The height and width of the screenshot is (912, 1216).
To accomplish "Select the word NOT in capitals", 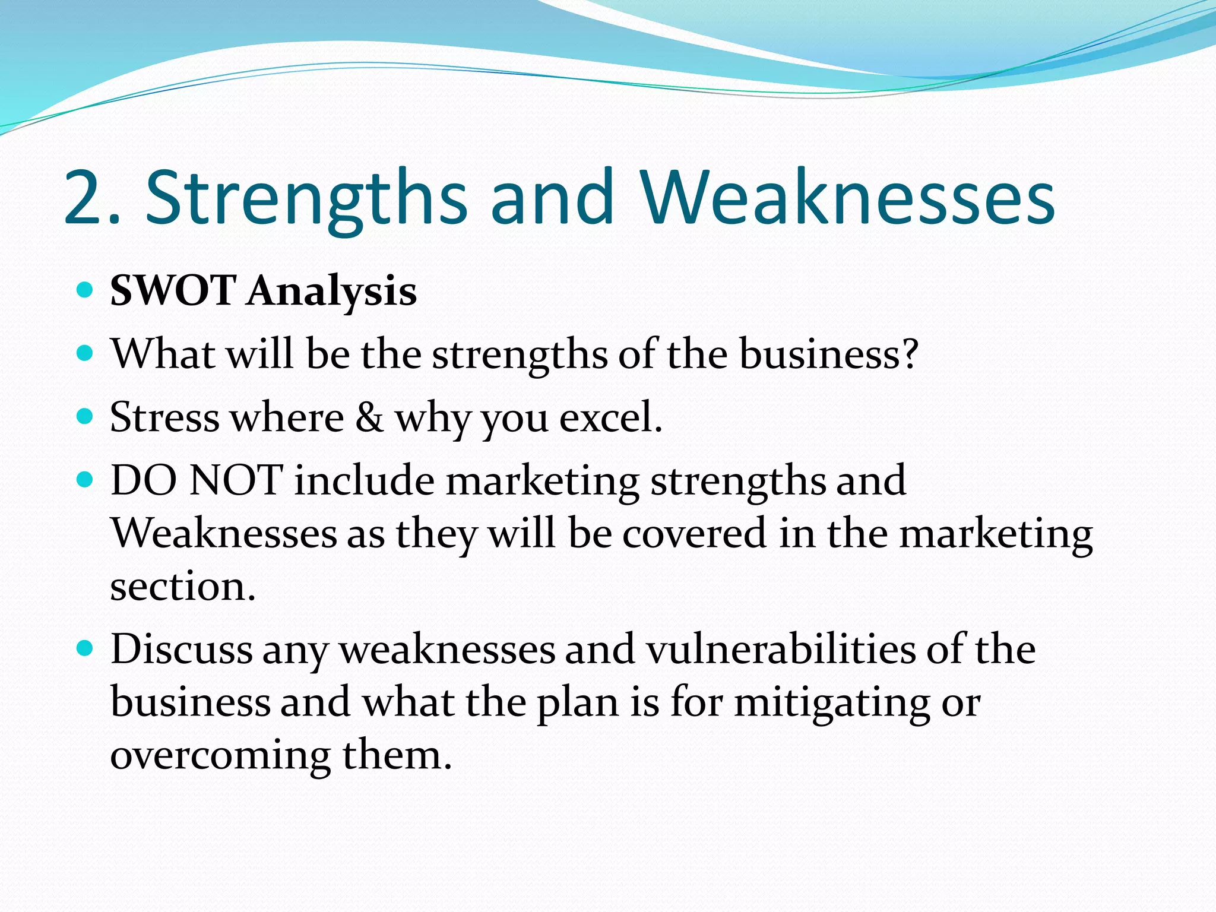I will click(236, 480).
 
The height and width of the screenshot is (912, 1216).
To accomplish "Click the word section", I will click(182, 587).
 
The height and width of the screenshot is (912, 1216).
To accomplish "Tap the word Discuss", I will click(182, 649).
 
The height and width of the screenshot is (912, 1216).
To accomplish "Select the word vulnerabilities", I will click(781, 649).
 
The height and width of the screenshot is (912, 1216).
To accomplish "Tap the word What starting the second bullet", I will click(163, 354).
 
